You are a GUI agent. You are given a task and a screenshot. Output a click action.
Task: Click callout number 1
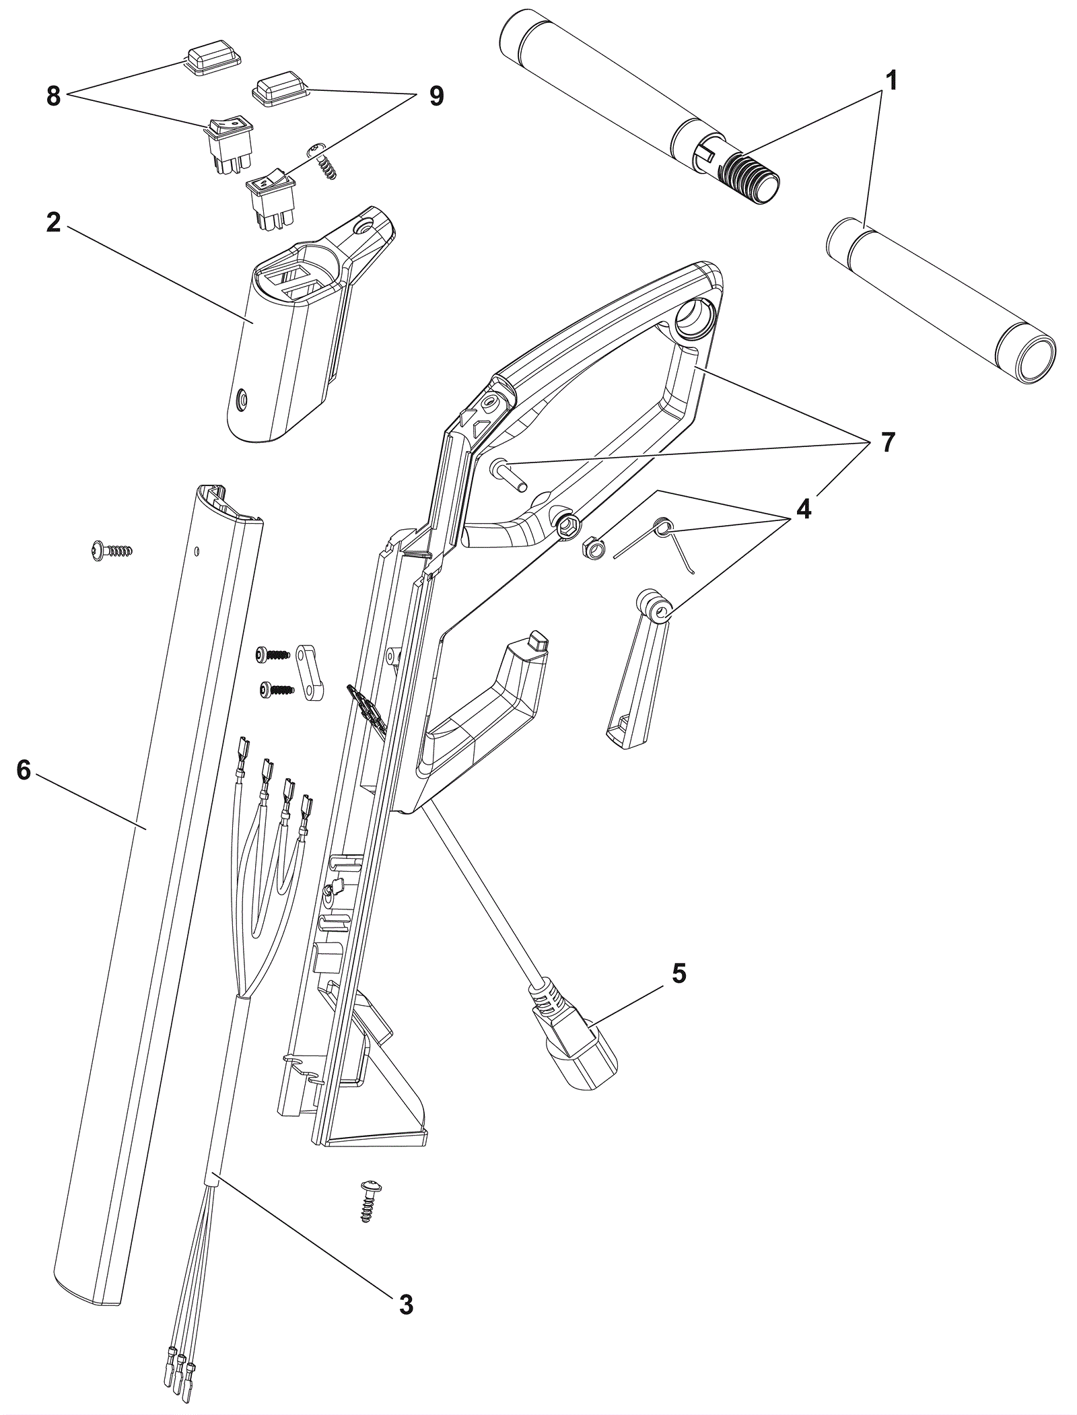click(x=891, y=81)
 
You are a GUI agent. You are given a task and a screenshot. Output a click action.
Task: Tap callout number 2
click(x=54, y=221)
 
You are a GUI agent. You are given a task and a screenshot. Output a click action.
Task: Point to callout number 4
click(x=803, y=509)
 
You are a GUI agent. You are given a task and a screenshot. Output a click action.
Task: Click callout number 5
click(x=679, y=973)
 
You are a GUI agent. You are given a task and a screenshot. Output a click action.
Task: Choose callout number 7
click(x=889, y=442)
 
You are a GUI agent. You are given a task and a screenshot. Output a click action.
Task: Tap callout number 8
click(x=53, y=96)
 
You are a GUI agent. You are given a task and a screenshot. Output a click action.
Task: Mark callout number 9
click(x=436, y=96)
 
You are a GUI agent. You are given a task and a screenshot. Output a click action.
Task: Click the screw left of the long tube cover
click(x=112, y=550)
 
